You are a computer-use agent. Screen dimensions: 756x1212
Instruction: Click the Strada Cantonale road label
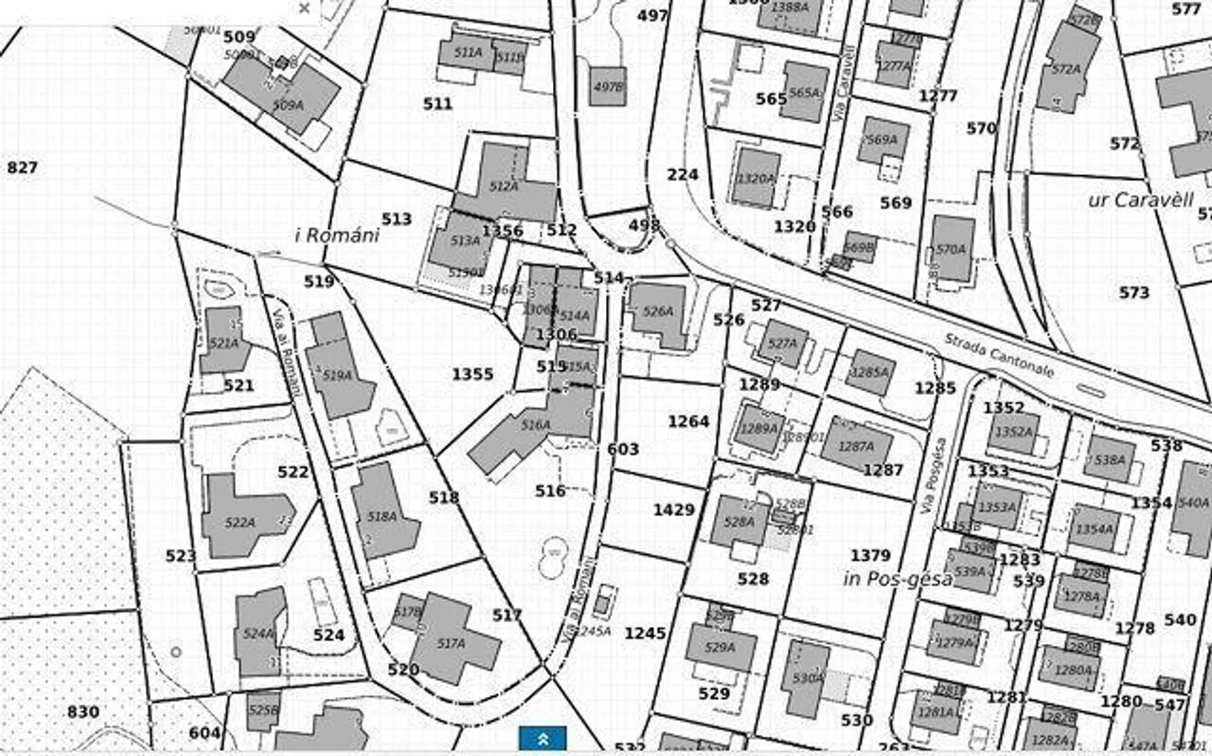click(998, 355)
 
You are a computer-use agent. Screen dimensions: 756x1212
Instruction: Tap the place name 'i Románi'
click(337, 235)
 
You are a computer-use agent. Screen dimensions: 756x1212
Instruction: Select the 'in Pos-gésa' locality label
click(898, 579)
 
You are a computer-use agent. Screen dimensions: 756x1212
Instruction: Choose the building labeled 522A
click(240, 522)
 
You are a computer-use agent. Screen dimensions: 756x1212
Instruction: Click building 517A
click(452, 644)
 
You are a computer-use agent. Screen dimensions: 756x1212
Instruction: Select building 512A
click(503, 186)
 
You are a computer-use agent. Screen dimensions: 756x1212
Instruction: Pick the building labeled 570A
click(951, 249)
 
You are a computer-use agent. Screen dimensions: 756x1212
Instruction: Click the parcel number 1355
click(472, 374)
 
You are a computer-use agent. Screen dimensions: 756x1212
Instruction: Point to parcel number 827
click(22, 168)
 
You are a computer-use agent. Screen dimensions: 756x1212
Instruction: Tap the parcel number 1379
click(869, 556)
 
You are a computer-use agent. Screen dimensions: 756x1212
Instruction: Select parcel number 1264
click(688, 421)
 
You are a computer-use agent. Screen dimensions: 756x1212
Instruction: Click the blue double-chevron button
click(543, 739)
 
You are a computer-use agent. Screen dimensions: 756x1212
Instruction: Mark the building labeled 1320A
click(755, 178)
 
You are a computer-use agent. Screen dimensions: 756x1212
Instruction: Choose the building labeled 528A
click(739, 522)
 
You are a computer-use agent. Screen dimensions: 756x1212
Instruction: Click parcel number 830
click(82, 712)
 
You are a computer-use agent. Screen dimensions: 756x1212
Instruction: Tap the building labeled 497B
click(608, 87)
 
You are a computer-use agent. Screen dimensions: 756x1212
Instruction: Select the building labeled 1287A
click(856, 446)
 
